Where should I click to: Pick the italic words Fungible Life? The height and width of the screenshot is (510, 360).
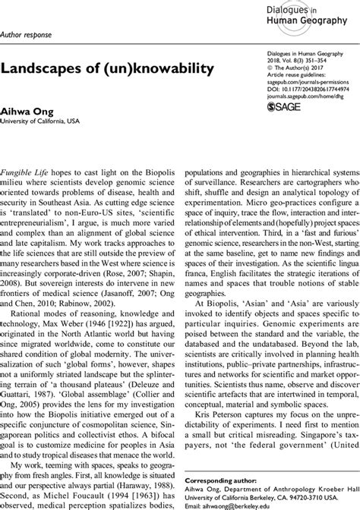[x=26, y=174]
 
